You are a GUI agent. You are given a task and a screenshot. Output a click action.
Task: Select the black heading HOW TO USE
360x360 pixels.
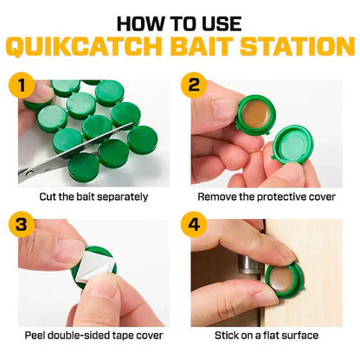click(180, 22)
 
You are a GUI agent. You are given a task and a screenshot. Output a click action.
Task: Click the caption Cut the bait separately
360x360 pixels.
click(93, 196)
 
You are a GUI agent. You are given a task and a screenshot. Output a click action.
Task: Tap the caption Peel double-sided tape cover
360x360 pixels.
click(93, 336)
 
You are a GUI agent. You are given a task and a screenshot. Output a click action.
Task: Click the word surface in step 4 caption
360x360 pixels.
click(299, 336)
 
